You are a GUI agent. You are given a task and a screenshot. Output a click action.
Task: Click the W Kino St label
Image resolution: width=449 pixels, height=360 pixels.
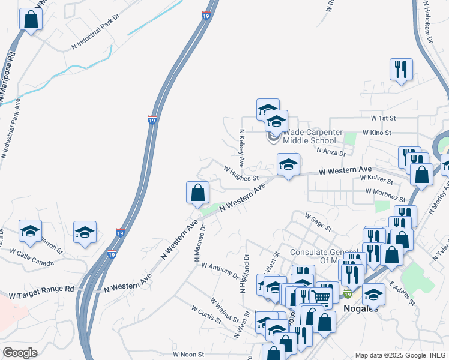click(377, 132)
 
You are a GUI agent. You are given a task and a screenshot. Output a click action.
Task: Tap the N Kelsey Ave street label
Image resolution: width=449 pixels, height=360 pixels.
click(241, 148)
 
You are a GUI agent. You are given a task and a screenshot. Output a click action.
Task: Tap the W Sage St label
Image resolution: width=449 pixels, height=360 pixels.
click(318, 222)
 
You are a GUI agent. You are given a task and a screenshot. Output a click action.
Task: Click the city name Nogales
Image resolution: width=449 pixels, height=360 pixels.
click(360, 308)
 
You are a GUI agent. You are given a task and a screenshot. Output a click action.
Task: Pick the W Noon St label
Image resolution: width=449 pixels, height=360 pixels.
click(188, 355)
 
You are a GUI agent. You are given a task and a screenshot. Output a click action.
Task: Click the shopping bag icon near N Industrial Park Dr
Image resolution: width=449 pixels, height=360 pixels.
click(31, 19)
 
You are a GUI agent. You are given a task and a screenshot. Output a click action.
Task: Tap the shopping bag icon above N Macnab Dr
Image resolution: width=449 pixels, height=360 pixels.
click(197, 193)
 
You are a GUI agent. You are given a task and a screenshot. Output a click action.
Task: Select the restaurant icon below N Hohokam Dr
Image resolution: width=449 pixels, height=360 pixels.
click(400, 69)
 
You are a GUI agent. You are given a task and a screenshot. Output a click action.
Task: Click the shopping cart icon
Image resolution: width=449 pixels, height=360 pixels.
click(321, 296)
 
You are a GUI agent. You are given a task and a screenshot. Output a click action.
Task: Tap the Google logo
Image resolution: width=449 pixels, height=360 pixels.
click(20, 353)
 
